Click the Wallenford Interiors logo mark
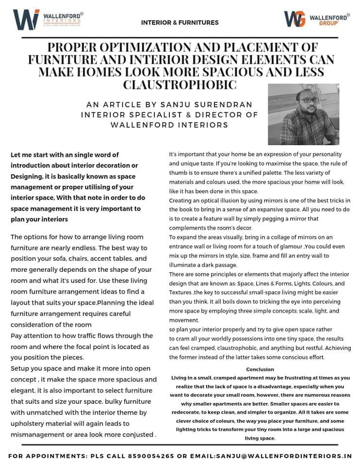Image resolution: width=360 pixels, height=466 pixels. [x=26, y=19]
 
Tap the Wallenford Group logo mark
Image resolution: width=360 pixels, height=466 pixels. [x=294, y=19]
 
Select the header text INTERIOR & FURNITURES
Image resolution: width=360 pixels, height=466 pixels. [x=180, y=22]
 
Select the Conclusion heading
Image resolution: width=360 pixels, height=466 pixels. [x=261, y=369]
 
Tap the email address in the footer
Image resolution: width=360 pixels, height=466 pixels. [x=278, y=456]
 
